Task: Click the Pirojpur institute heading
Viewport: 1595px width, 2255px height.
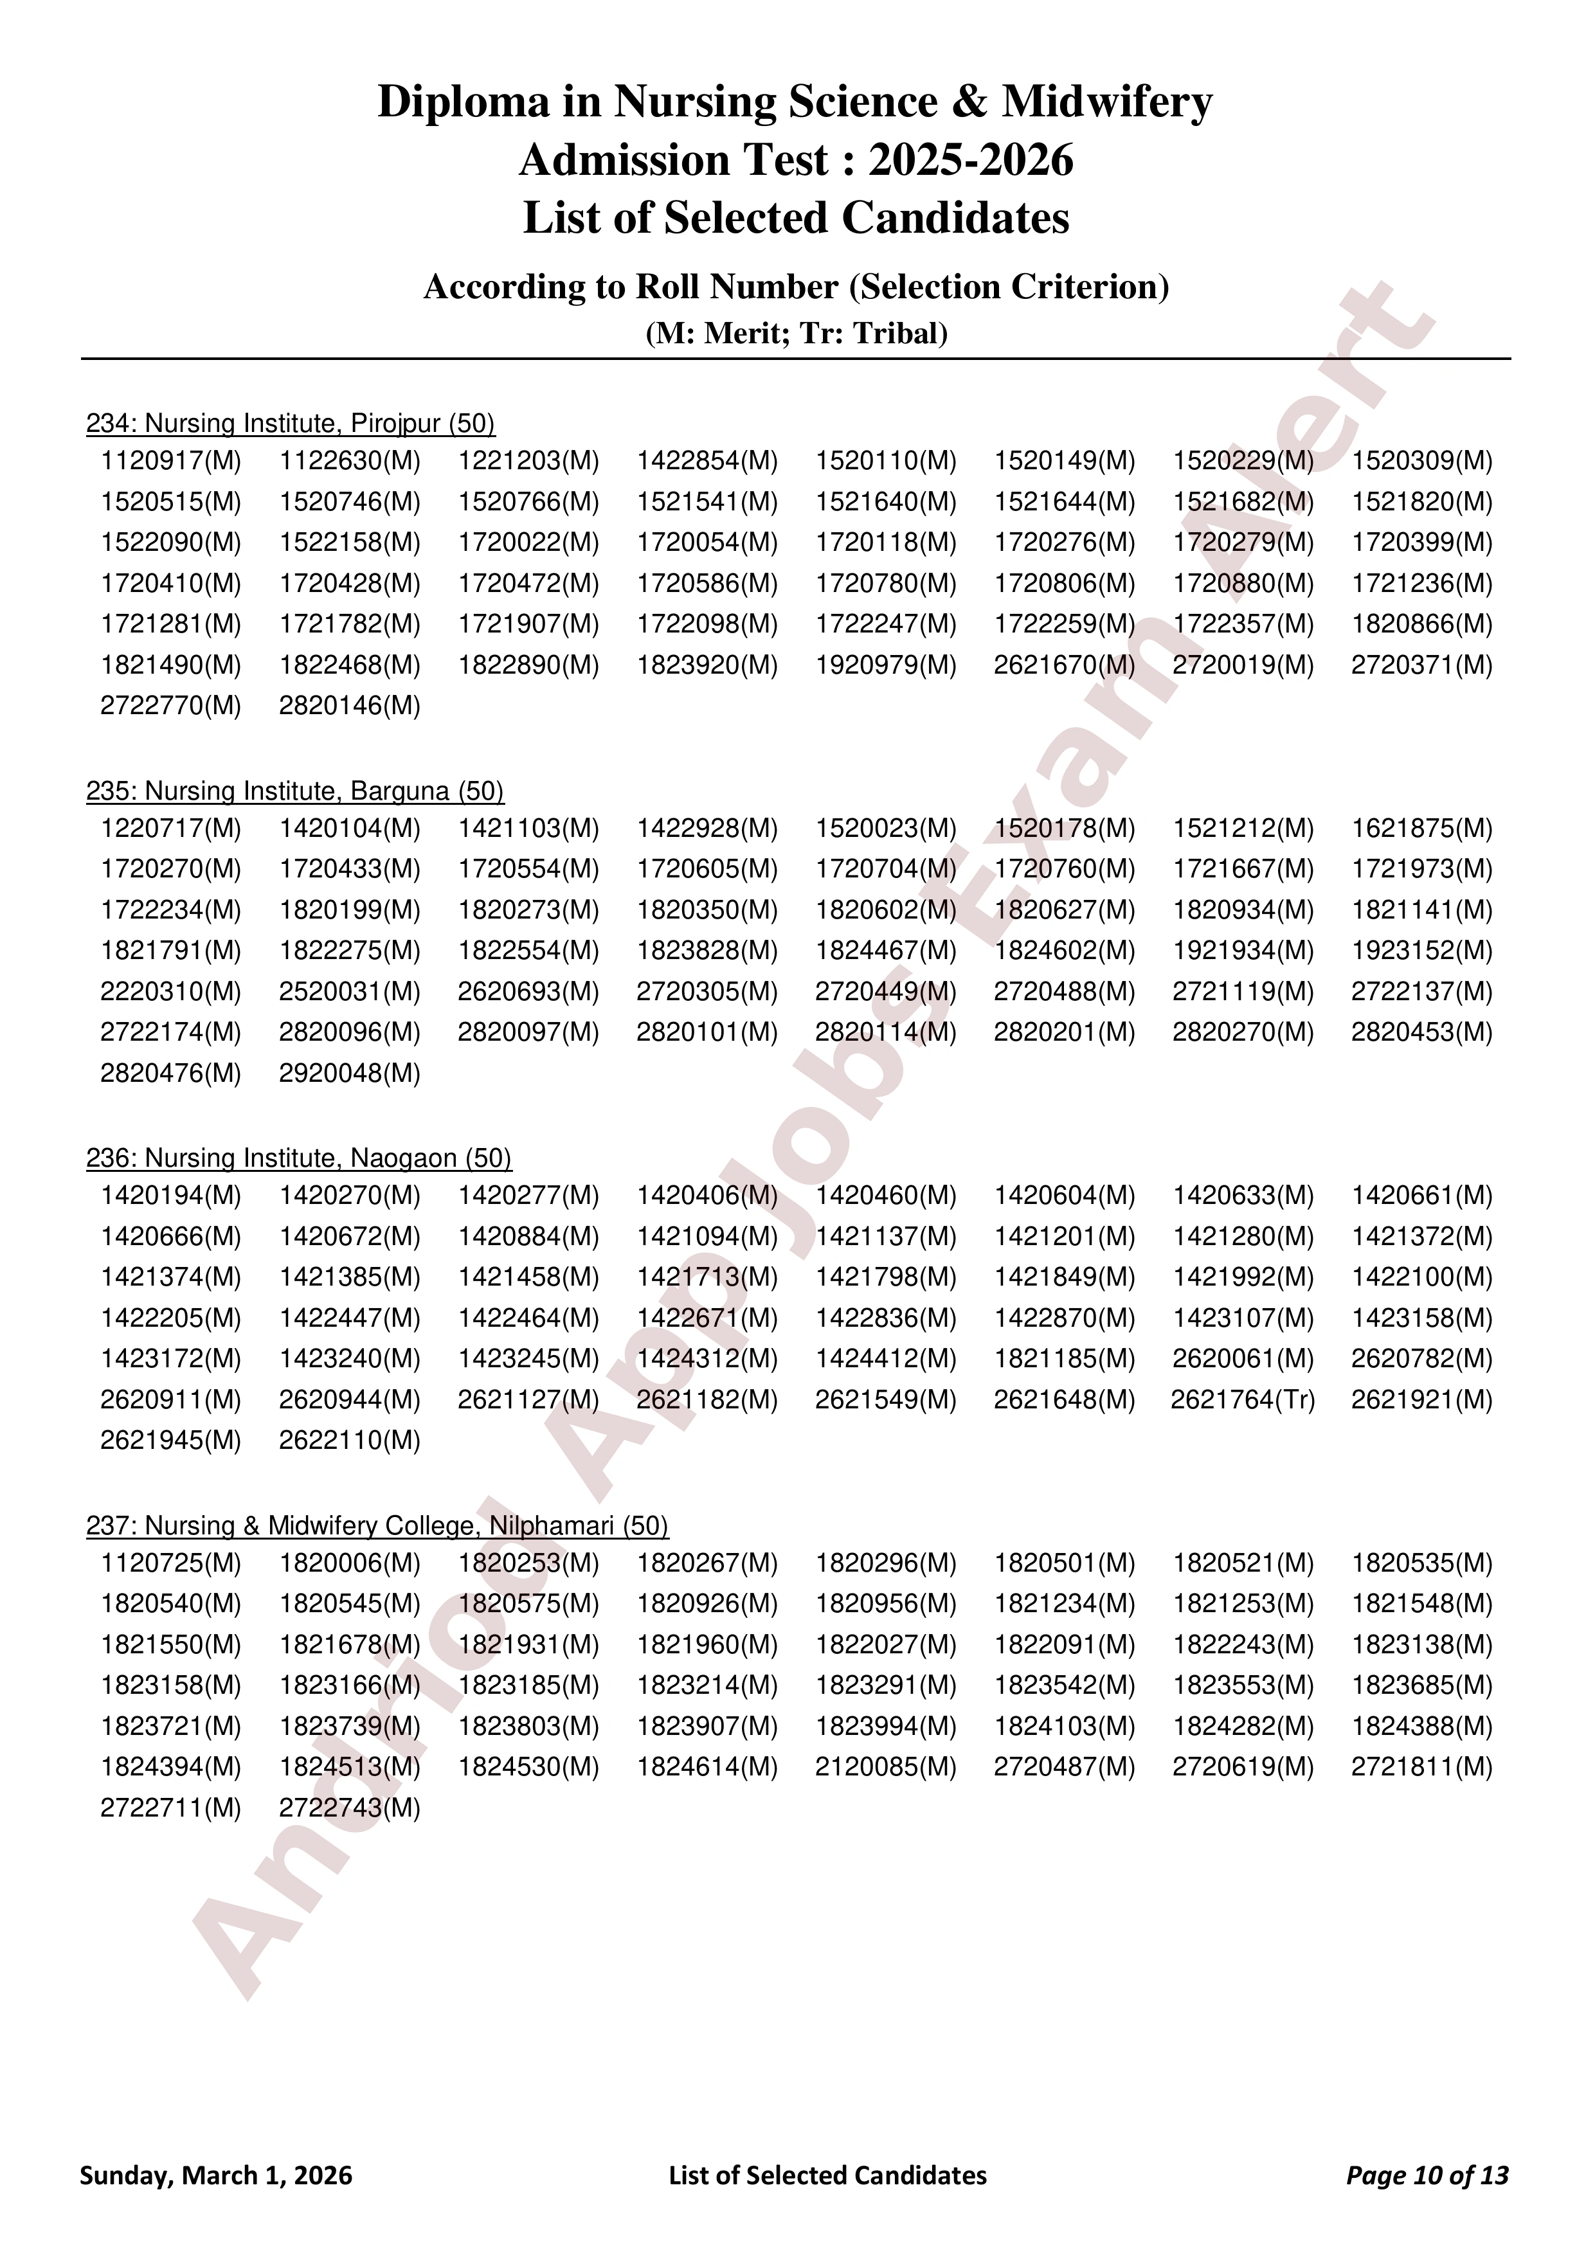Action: coord(291,424)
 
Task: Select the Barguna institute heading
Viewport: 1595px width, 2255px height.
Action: coord(294,791)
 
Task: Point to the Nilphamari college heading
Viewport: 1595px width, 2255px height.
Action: coord(377,1525)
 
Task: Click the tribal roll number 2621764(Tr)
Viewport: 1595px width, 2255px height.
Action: coord(1243,1399)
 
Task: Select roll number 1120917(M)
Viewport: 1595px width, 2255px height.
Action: coord(171,461)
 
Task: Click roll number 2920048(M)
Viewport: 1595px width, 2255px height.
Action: coord(350,1074)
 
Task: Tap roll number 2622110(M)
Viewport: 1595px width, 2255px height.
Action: coord(350,1441)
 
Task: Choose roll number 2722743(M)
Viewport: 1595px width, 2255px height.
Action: coord(350,1808)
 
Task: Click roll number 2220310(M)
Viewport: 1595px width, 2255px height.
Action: coord(171,992)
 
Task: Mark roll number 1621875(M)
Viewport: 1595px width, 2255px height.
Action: coord(1422,829)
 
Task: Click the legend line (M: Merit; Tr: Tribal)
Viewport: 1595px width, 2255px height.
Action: coord(797,334)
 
